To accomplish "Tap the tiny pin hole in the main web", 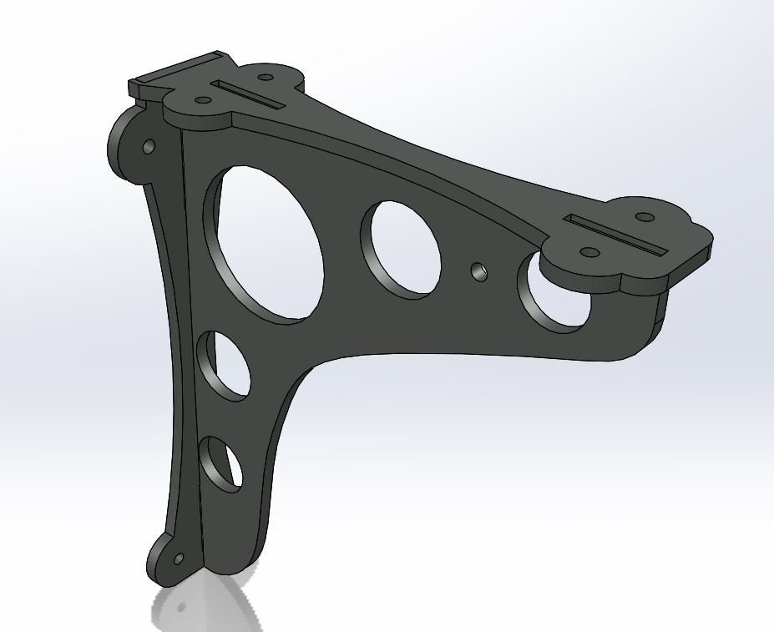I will tap(478, 270).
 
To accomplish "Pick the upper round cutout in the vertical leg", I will tap(224, 364).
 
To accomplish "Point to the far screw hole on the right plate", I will tap(644, 217).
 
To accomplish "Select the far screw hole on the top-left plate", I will tap(266, 78).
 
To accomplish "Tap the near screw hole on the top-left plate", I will tap(202, 101).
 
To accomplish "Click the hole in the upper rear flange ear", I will tap(149, 147).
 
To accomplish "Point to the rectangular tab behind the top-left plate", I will tap(167, 76).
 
